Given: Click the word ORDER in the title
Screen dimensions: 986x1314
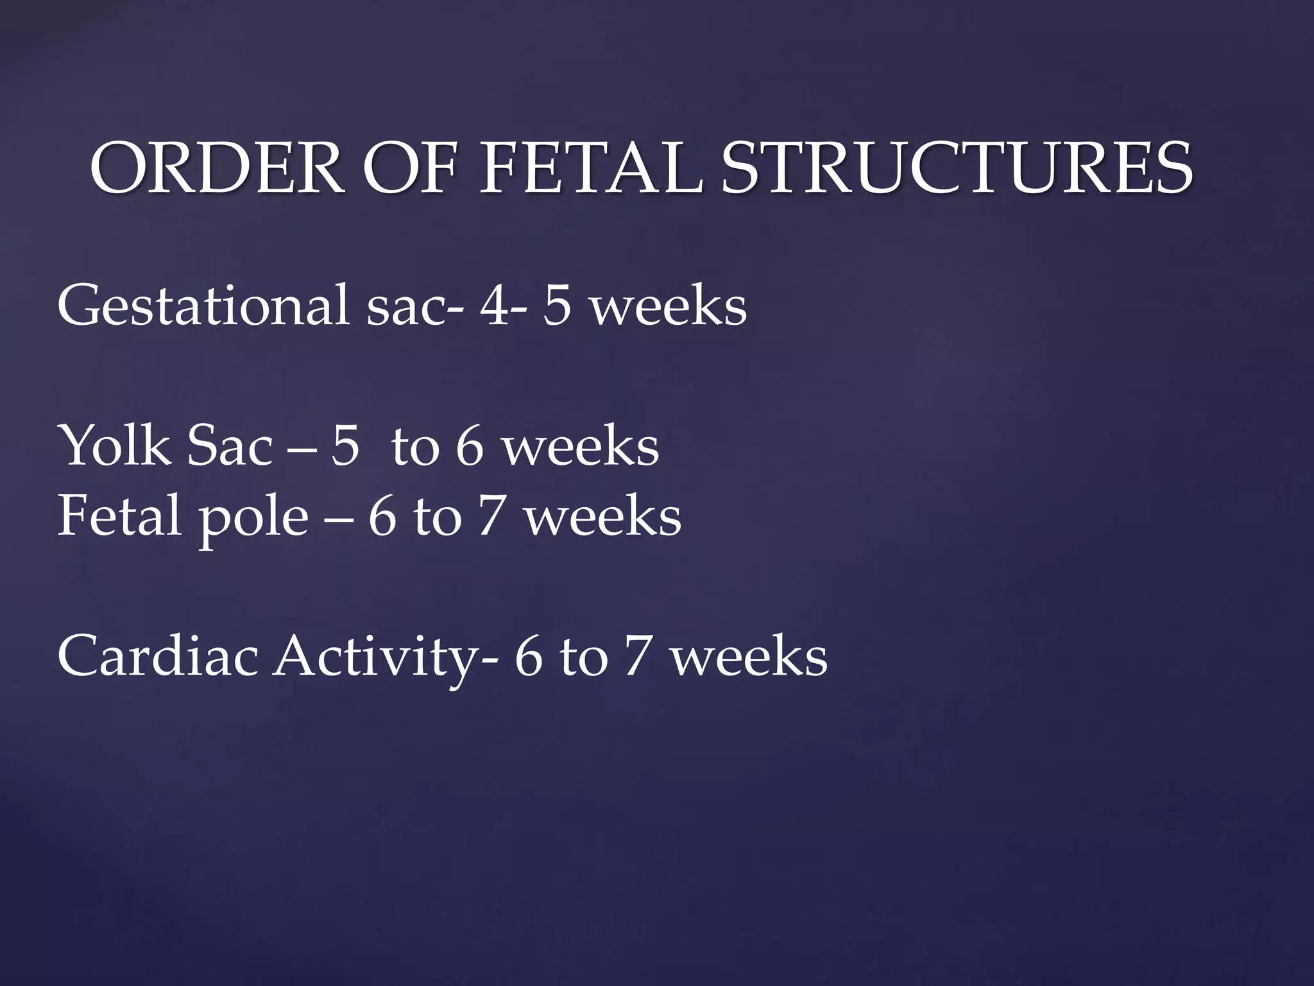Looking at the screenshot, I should [x=216, y=168].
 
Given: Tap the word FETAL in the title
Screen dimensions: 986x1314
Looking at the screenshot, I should [x=590, y=168].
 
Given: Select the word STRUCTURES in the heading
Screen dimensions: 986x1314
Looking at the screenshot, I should [x=957, y=168].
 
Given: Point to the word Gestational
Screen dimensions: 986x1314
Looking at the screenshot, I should [x=203, y=305].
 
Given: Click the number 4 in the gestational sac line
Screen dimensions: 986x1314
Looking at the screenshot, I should [x=495, y=305].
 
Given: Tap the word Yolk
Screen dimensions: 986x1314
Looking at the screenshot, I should [x=114, y=446].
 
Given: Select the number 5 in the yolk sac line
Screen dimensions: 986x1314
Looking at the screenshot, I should [x=345, y=447].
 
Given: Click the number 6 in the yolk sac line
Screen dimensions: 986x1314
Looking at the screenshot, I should [x=469, y=447].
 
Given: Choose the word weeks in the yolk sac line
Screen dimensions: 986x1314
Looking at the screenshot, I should [x=581, y=447].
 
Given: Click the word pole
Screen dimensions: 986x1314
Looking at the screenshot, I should [x=253, y=517].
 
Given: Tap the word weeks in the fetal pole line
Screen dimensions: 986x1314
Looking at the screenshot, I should [x=603, y=517].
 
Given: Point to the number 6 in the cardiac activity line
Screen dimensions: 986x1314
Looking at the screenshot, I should [x=529, y=659].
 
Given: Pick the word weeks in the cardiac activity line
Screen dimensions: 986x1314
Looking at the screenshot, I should [x=749, y=659].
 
